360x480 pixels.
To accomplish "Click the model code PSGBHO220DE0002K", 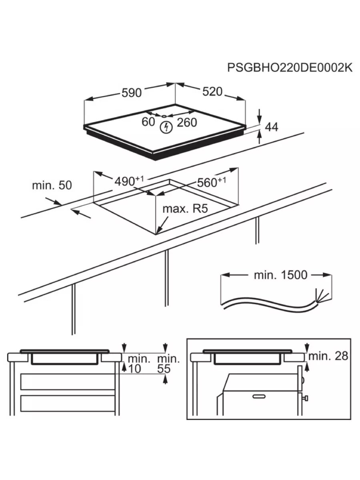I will tap(290, 68).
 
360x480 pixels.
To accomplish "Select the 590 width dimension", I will tap(132, 93).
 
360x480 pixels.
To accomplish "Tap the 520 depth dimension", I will tap(212, 92).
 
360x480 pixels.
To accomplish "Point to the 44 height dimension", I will tap(272, 127).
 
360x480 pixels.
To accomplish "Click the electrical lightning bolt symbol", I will tap(166, 128).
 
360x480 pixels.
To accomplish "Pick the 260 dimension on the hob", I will tap(187, 122).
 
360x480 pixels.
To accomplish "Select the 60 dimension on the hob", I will tap(148, 122).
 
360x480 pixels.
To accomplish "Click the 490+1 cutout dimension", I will tap(126, 181).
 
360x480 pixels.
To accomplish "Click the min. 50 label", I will tap(52, 185).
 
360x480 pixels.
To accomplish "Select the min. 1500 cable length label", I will tap(280, 275).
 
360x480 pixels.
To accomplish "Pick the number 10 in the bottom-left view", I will tap(136, 369).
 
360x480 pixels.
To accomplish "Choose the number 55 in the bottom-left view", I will tap(164, 369).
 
